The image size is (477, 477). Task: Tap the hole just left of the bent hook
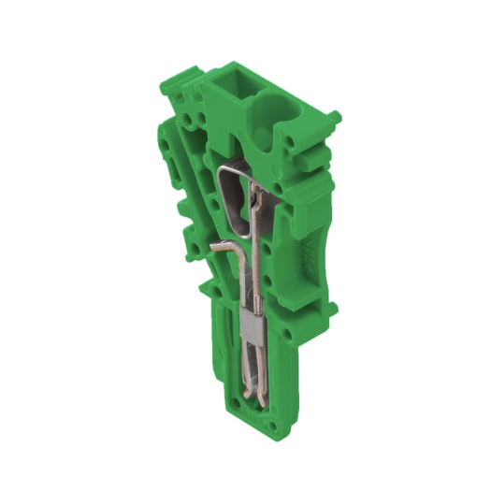pyautogui.click(x=197, y=249)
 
